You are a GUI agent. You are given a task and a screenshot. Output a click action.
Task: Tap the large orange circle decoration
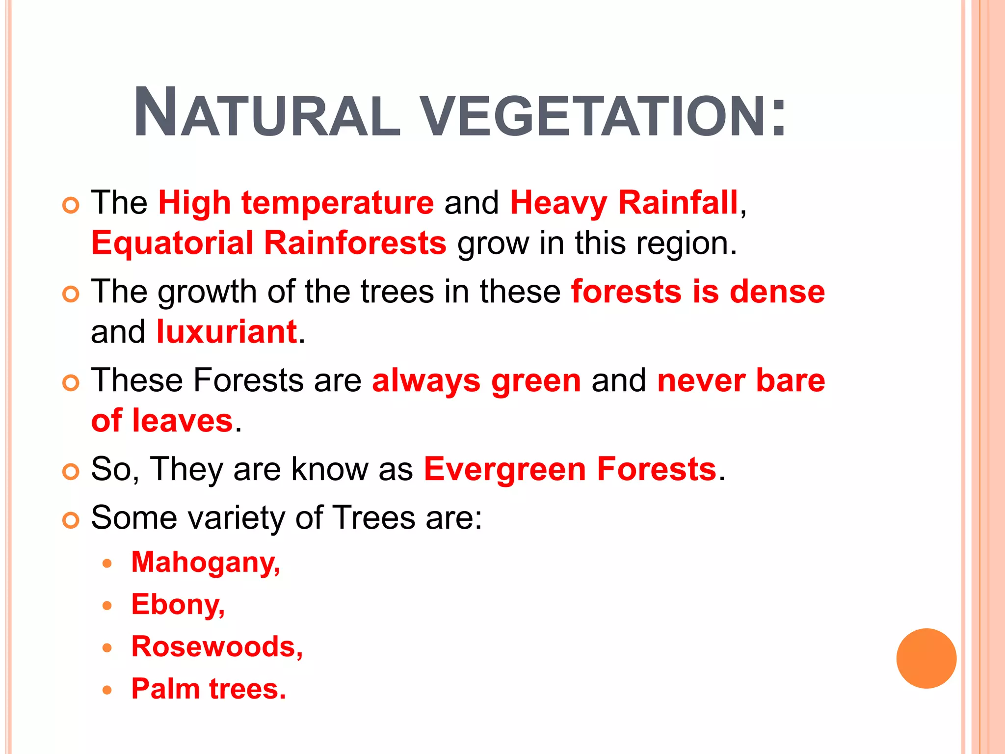pos(926,658)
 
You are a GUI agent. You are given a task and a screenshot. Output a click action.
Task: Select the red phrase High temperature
pos(296,203)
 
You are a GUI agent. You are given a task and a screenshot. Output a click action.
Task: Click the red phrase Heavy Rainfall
pos(624,203)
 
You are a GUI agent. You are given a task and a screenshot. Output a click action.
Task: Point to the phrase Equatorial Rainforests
pos(269,243)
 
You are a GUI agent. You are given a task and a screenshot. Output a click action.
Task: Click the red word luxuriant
pos(227,332)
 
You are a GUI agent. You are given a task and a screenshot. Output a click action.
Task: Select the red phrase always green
pos(476,381)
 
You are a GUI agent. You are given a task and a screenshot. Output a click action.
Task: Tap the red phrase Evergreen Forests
pos(570,469)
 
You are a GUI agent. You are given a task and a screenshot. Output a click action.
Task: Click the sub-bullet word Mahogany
pos(205,563)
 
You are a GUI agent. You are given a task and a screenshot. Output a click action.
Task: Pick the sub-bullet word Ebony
pos(178,605)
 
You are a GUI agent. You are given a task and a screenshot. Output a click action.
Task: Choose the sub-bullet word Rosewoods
pos(216,647)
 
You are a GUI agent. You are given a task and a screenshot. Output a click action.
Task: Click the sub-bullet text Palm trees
pos(209,689)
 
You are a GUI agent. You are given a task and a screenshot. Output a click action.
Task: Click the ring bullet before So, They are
pos(71,472)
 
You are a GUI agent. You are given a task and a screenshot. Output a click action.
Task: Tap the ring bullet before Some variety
pos(71,520)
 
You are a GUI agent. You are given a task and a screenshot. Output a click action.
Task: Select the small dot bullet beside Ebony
pos(107,606)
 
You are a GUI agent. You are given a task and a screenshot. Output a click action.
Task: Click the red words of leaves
pos(162,421)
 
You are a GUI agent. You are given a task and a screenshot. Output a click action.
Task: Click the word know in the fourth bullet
pos(329,469)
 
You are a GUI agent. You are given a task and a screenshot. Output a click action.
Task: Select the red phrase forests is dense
pos(698,292)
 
